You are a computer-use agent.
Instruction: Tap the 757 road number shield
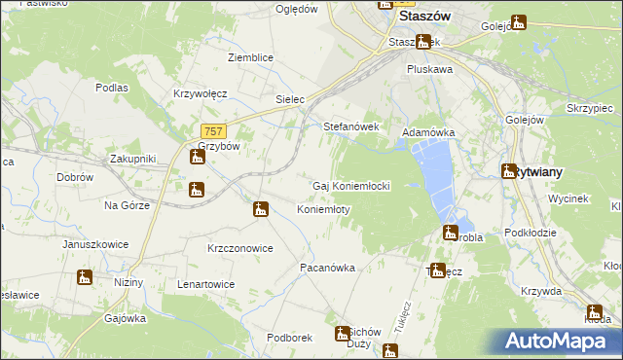pyautogui.click(x=214, y=131)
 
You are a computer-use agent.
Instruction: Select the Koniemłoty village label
pyautogui.click(x=323, y=209)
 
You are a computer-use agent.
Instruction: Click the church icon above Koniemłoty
pyautogui.click(x=260, y=208)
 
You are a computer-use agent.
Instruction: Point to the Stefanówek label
pyautogui.click(x=349, y=126)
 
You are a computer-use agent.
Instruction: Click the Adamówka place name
pyautogui.click(x=429, y=131)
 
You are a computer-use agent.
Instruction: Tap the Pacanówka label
pyautogui.click(x=327, y=267)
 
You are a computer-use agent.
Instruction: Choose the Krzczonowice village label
pyautogui.click(x=239, y=248)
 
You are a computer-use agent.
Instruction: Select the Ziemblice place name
pyautogui.click(x=250, y=57)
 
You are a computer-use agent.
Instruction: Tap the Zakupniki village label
pyautogui.click(x=132, y=158)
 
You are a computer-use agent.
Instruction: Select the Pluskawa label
pyautogui.click(x=429, y=70)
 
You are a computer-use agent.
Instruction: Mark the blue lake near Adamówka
pyautogui.click(x=433, y=175)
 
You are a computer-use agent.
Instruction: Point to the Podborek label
pyautogui.click(x=289, y=338)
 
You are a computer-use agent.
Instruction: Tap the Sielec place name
pyautogui.click(x=291, y=99)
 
